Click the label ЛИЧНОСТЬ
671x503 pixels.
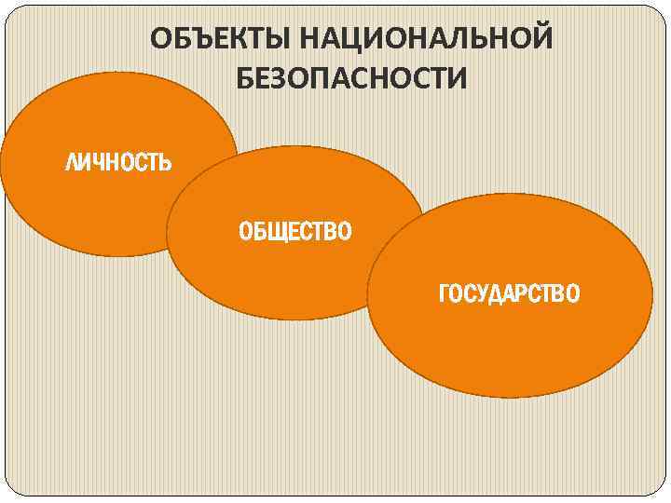(x=117, y=164)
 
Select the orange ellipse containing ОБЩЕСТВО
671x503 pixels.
(x=280, y=270)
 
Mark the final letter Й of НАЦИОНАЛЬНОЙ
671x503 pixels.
(x=540, y=40)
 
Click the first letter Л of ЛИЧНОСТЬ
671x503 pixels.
(x=71, y=164)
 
